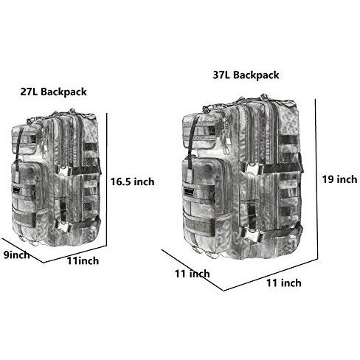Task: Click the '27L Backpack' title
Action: [53, 91]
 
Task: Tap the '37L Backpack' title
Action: [246, 75]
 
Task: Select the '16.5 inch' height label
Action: [132, 181]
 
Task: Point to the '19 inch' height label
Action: [339, 179]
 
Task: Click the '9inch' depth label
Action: [16, 255]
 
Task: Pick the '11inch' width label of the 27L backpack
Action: [83, 260]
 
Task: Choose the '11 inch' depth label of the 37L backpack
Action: [193, 274]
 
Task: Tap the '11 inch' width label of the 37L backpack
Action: [284, 283]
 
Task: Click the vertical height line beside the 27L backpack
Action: [107, 179]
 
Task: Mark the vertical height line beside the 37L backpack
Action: [316, 179]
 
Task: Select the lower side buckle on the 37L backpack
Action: [254, 235]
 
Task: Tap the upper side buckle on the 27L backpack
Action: [64, 170]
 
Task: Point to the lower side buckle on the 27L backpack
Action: [63, 225]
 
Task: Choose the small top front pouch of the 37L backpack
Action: [198, 134]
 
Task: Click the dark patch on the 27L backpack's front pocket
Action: [17, 190]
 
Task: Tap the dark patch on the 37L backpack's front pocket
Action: [189, 192]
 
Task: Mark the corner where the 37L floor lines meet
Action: [224, 291]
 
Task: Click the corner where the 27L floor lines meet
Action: [44, 263]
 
